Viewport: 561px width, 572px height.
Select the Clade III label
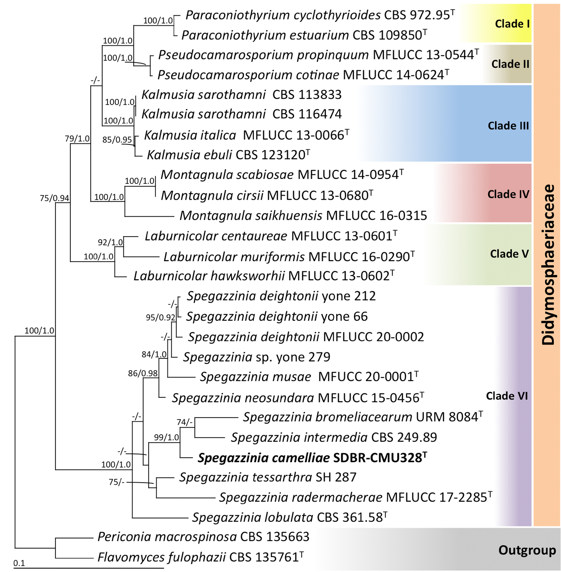pos(508,126)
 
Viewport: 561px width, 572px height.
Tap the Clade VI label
pos(507,396)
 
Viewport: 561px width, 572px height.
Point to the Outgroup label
pos(527,550)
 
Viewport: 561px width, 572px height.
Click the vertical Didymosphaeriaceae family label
pos(548,265)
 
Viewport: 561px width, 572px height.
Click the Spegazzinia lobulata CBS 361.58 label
pos(290,517)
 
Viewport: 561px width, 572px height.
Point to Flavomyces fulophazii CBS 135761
pos(200,557)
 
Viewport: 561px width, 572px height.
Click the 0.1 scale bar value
pos(19,563)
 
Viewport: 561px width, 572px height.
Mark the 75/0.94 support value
pos(55,198)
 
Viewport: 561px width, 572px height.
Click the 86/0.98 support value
pos(143,373)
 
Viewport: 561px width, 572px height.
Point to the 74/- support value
pos(185,422)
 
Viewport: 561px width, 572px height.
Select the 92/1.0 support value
pos(110,242)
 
